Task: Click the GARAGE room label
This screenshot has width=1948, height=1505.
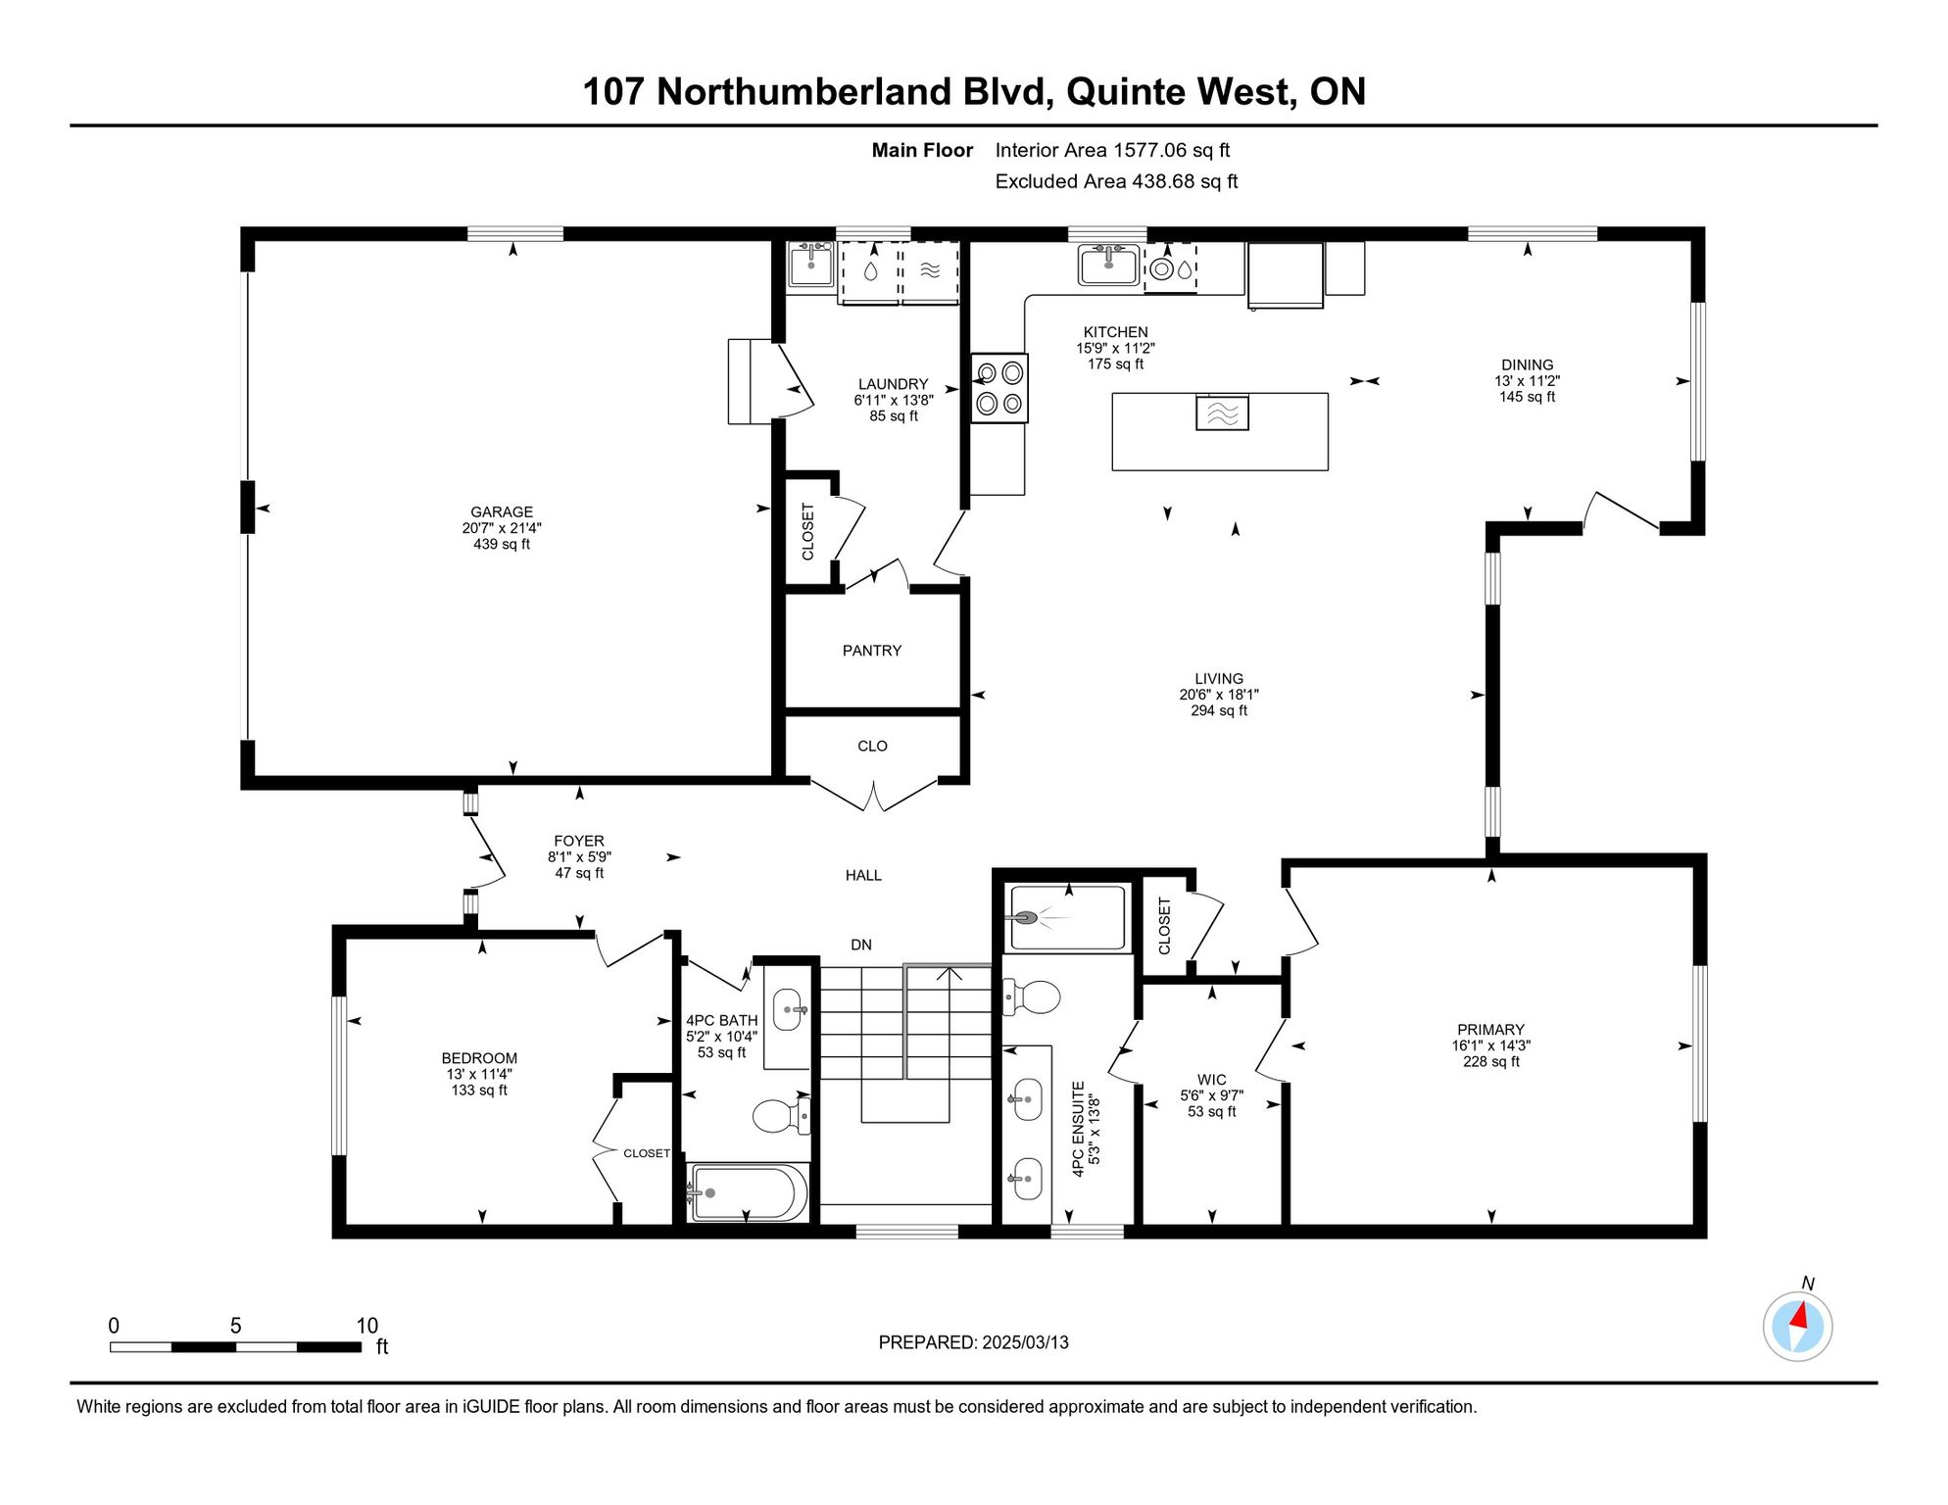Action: pos(502,511)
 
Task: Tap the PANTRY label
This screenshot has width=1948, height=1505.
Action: pos(872,651)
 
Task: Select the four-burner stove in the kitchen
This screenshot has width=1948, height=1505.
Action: pos(999,388)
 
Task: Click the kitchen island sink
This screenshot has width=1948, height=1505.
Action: pos(1222,413)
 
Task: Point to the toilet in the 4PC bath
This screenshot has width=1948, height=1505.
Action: pos(781,1115)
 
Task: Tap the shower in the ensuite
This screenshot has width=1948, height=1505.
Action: pos(1067,918)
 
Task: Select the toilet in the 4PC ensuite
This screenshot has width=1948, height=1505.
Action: pos(1032,997)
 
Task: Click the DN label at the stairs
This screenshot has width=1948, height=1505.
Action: pos(861,945)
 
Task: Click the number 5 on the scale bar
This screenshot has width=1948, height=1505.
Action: pos(235,1326)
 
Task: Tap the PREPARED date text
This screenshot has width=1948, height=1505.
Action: pos(973,1342)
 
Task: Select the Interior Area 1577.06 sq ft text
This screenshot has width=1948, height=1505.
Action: pos(1112,150)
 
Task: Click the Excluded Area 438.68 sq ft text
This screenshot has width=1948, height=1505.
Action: pos(1116,181)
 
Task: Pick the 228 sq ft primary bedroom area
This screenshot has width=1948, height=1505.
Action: pos(1490,1061)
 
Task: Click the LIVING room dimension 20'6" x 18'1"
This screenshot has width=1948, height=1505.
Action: pos(1219,695)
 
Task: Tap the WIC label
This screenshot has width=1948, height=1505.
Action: pos(1212,1080)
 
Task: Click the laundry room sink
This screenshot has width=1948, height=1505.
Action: pos(811,265)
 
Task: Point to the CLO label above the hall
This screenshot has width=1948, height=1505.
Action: pos(872,747)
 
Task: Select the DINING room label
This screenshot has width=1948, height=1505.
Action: pos(1527,364)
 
